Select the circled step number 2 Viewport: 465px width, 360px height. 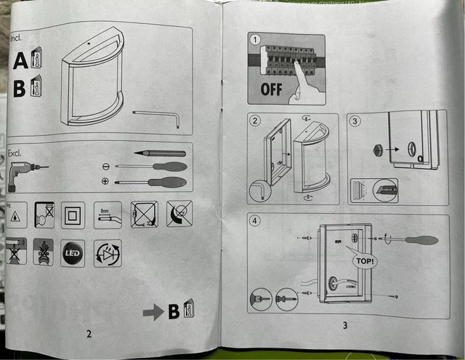pos(255,121)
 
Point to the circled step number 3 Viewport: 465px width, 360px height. pos(355,121)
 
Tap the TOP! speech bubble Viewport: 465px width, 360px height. pos(364,259)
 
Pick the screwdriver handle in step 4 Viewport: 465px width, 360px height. pos(420,240)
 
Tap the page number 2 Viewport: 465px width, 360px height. pos(89,334)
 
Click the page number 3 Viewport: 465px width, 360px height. pos(344,325)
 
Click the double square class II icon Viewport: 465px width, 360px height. pos(73,214)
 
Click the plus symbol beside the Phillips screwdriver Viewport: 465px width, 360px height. pos(106,181)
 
